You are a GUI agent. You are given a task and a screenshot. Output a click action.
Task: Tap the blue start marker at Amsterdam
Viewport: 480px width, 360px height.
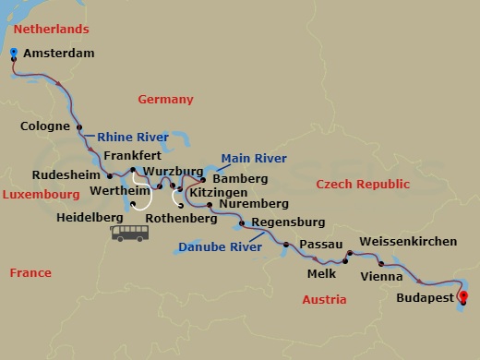15,54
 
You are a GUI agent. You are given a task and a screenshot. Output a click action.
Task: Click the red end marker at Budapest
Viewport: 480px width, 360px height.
463,297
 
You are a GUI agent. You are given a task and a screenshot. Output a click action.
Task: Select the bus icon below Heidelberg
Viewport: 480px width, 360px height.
130,232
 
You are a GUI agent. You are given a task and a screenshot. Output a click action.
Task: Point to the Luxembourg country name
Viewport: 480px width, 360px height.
41,196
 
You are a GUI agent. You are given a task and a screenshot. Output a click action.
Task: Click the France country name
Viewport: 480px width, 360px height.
30,272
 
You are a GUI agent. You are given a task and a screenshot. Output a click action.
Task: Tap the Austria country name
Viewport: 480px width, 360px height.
324,300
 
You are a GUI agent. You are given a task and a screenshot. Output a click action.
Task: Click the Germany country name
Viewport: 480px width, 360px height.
165,99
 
